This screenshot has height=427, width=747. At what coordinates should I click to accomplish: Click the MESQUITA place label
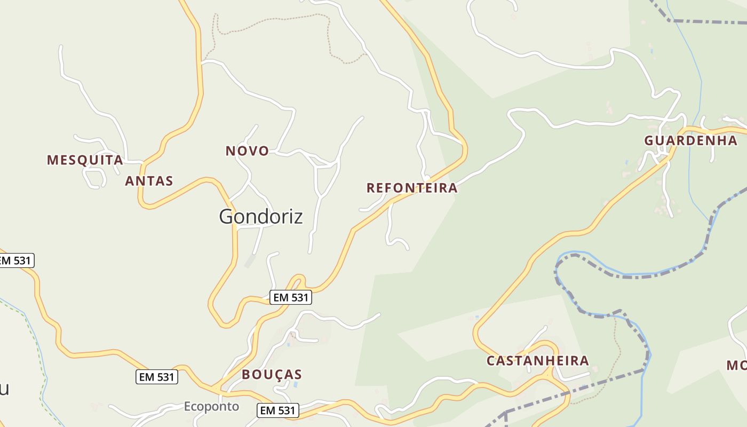click(85, 160)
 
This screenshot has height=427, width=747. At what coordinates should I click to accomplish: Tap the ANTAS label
click(149, 181)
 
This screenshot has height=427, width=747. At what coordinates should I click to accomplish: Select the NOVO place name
click(247, 151)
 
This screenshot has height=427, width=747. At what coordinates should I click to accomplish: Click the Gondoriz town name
click(261, 216)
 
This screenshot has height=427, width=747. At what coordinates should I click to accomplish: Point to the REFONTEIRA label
click(412, 188)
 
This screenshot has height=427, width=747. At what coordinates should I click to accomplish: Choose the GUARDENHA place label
click(690, 141)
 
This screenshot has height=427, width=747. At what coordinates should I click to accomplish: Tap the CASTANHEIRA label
click(537, 361)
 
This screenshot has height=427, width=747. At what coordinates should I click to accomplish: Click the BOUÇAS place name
click(272, 375)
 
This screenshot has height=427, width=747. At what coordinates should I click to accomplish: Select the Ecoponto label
click(211, 407)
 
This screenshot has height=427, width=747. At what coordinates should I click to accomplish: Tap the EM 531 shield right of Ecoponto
click(278, 410)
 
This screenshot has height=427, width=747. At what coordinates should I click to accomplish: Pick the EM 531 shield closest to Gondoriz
click(291, 298)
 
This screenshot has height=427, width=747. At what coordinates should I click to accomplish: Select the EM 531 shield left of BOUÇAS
click(156, 377)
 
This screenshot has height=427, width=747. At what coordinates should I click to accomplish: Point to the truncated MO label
click(736, 365)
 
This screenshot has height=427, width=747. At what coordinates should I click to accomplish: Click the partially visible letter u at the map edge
click(4, 390)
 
